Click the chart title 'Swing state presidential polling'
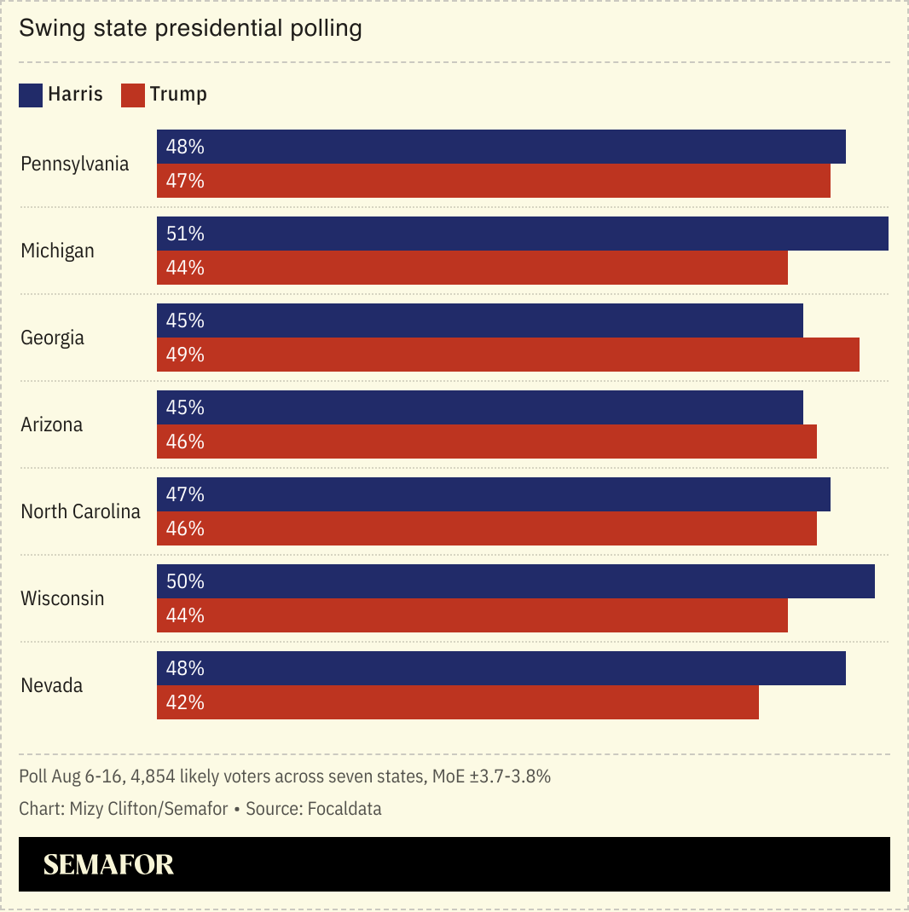pos(190,28)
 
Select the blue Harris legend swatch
pos(31,95)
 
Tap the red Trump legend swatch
pos(133,95)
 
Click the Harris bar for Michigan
pos(522,234)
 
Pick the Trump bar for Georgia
pos(507,355)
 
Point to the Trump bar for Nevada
pos(457,702)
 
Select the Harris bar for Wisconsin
pos(515,581)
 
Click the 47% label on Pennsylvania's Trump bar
pos(185,181)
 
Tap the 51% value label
pos(185,234)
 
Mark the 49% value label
pos(185,355)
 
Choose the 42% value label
pos(185,702)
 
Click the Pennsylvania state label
pos(75,164)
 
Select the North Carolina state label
pos(80,511)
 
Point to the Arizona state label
pos(52,424)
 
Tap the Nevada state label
pos(52,685)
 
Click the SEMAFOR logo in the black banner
pos(108,864)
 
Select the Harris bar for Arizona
pos(479,407)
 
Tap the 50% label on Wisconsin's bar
pos(185,581)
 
